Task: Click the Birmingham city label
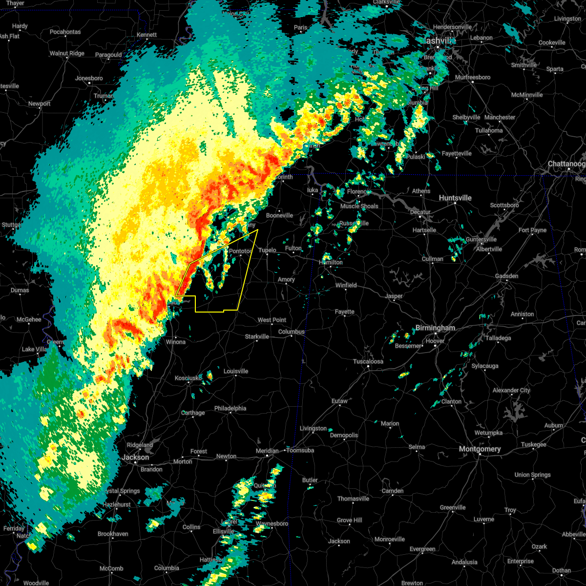[x=435, y=328]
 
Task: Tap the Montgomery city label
[x=480, y=449]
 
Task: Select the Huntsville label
[x=455, y=198]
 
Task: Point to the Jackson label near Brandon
[x=135, y=458]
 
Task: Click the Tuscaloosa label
[x=368, y=362]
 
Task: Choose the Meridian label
[x=267, y=451]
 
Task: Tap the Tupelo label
[x=267, y=251]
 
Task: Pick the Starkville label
[x=257, y=337]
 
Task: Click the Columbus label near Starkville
[x=292, y=332]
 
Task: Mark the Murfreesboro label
[x=473, y=78]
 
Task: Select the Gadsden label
[x=506, y=276]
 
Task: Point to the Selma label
[x=417, y=447]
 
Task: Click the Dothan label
[x=562, y=570]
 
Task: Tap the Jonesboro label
[x=89, y=79]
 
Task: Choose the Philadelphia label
[x=230, y=409]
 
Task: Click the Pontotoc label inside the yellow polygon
[x=240, y=251]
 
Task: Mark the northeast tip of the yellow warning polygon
[x=257, y=230]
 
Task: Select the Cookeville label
[x=552, y=43]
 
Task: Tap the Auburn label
[x=554, y=426]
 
